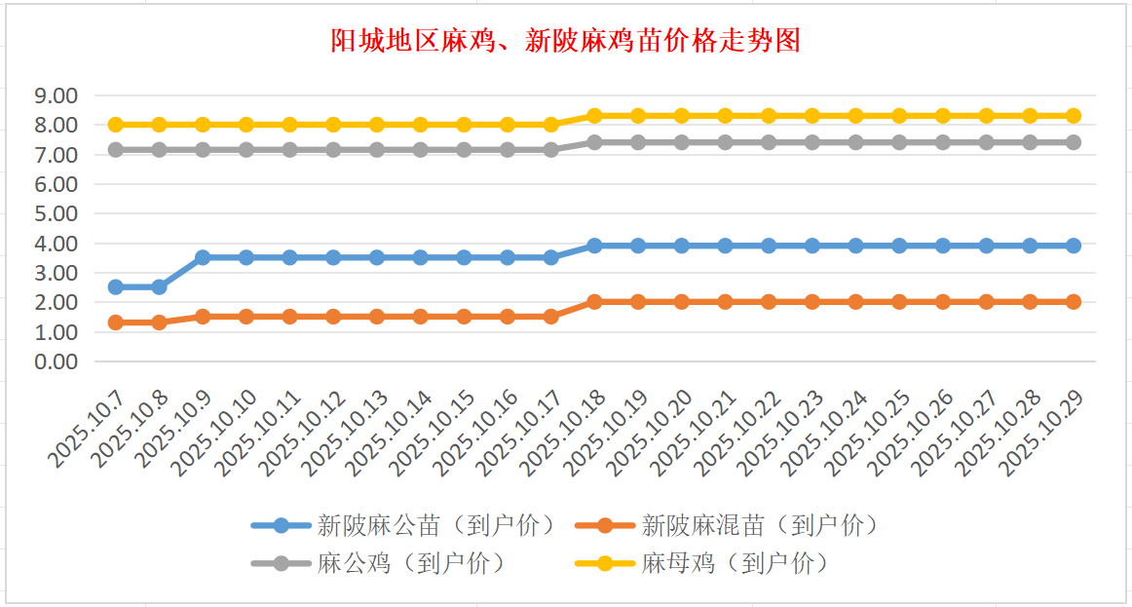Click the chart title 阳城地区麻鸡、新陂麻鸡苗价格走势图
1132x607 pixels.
(x=565, y=41)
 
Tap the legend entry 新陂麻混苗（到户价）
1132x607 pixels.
(x=760, y=526)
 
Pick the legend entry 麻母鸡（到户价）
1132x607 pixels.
(x=736, y=562)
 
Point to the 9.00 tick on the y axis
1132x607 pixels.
(x=55, y=95)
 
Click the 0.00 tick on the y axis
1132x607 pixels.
(x=55, y=361)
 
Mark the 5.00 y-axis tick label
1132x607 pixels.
(x=55, y=213)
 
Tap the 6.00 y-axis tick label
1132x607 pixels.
(x=55, y=184)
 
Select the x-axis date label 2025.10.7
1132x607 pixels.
(x=89, y=429)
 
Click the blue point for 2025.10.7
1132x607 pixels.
(x=116, y=286)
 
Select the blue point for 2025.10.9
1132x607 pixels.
(x=203, y=257)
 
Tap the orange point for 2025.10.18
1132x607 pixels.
(x=594, y=302)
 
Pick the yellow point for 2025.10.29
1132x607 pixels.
(x=1073, y=116)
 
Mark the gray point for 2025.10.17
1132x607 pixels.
(x=551, y=150)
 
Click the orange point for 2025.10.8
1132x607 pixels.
(x=159, y=322)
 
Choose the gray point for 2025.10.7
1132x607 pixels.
(x=116, y=150)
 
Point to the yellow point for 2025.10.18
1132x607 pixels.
(x=594, y=116)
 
